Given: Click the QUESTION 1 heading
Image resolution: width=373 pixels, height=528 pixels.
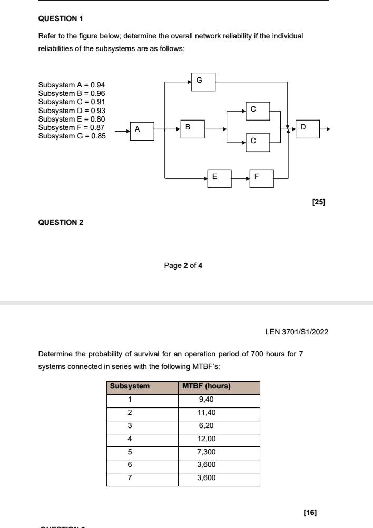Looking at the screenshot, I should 61,18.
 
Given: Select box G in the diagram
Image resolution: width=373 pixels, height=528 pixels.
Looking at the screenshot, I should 203,81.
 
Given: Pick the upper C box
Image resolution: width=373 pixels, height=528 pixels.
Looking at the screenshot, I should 258,111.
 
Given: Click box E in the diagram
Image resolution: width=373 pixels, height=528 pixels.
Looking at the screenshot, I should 219,178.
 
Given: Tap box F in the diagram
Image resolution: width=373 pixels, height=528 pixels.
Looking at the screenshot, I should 261,178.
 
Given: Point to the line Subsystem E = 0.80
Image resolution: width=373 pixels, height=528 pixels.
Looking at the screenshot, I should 72,119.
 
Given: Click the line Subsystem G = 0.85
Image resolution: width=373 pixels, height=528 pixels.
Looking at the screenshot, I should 72,136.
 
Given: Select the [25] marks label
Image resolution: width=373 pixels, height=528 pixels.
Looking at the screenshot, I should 319,201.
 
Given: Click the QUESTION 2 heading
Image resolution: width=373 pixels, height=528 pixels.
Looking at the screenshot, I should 61,222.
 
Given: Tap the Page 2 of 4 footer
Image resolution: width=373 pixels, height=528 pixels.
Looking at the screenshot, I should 183,265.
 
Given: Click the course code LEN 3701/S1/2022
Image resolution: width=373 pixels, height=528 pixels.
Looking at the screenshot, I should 297,332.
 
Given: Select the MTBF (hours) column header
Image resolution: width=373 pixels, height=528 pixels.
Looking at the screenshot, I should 206,386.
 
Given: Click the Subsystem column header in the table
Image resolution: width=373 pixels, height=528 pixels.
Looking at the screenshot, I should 130,386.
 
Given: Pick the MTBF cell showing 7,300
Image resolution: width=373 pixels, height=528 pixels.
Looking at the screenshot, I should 206,452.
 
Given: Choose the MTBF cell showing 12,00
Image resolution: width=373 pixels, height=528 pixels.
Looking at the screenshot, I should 206,439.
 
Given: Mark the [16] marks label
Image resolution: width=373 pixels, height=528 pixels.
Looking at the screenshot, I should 310,512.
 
